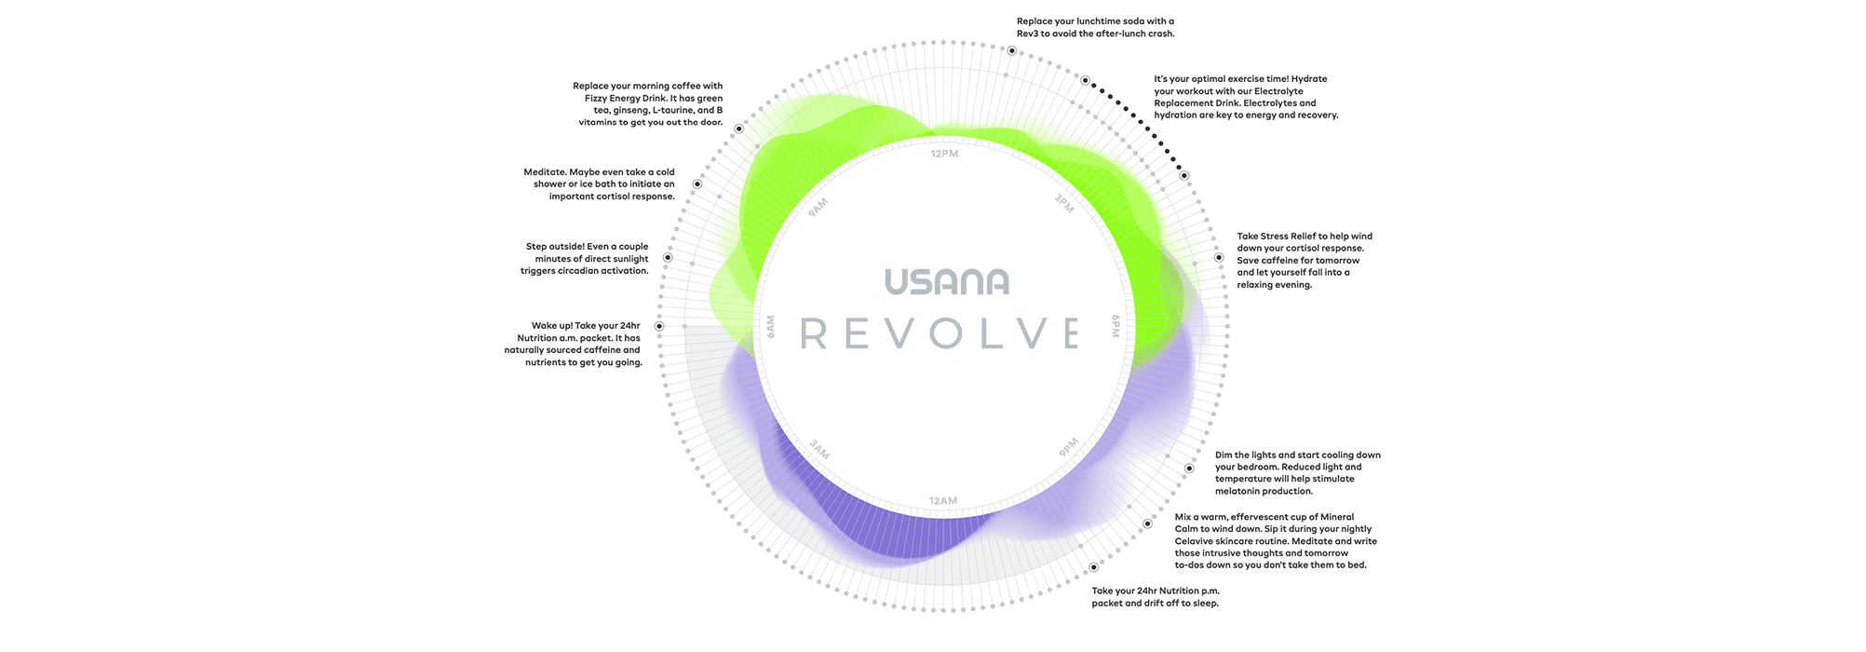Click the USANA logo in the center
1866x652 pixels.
click(946, 281)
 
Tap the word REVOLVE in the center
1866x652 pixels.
click(939, 333)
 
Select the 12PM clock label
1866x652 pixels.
click(944, 154)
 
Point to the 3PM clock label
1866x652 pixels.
click(1063, 203)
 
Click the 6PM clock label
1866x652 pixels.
click(1116, 326)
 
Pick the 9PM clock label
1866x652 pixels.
click(1068, 448)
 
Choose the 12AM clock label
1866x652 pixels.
click(943, 501)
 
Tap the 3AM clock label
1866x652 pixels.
click(819, 450)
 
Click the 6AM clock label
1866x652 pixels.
click(770, 327)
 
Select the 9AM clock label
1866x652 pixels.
click(818, 208)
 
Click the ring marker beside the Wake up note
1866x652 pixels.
click(659, 326)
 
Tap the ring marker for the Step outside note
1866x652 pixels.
click(668, 257)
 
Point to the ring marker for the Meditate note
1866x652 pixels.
click(696, 184)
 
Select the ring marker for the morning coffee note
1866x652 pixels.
click(738, 129)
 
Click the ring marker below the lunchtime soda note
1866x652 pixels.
click(1011, 51)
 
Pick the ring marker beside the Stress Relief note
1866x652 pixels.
click(1218, 258)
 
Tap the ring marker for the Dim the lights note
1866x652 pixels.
click(1189, 469)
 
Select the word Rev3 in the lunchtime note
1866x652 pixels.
click(1027, 34)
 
